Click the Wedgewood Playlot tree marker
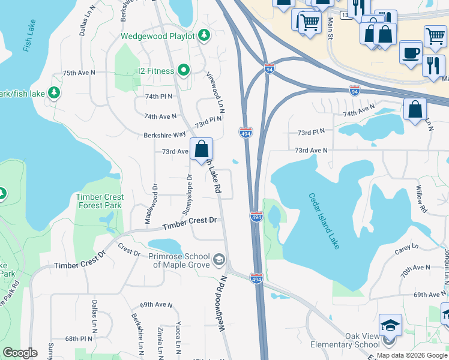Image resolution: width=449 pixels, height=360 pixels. coord(204,36)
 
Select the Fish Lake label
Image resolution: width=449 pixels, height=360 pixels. coord(28,36)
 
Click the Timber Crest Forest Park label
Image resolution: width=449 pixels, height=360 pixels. coord(100,201)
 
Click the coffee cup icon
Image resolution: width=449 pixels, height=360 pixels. coord(411,52)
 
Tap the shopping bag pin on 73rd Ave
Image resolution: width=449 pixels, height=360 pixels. coord(202,148)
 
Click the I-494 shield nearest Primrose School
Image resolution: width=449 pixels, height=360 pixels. coord(256,278)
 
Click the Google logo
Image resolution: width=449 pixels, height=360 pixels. coord(20,353)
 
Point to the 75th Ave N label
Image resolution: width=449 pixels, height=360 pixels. coord(79,73)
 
